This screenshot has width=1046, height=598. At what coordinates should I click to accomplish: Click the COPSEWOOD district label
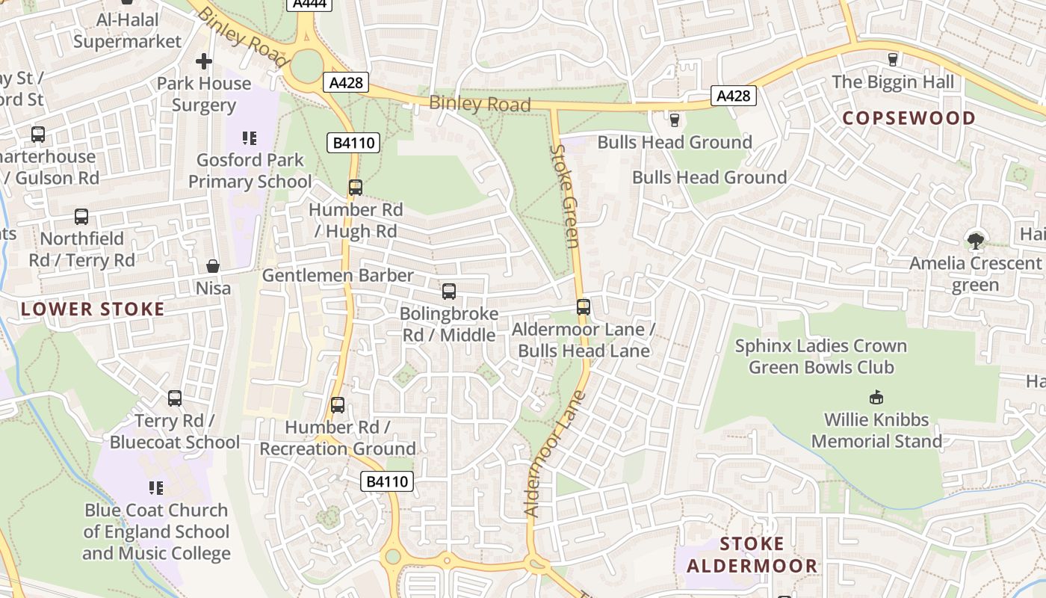(909, 118)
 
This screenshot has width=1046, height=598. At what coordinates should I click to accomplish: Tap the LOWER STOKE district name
(93, 309)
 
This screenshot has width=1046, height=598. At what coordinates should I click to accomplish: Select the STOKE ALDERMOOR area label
(752, 555)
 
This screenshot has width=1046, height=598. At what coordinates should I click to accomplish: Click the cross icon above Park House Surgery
(204, 61)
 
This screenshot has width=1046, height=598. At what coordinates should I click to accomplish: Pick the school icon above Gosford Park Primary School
(250, 138)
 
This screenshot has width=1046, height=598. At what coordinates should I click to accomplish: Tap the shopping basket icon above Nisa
(213, 266)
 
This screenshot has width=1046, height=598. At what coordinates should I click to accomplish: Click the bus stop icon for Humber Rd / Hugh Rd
(356, 188)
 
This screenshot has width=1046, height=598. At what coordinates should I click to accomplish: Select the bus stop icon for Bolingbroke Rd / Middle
(449, 292)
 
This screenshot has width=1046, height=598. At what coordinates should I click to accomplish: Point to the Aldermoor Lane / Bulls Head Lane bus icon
(584, 307)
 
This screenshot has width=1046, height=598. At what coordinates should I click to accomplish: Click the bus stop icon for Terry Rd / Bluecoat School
(175, 398)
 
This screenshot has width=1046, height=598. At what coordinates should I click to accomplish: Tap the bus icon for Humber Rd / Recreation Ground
(338, 405)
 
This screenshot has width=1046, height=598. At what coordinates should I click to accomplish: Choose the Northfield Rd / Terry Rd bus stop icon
(81, 217)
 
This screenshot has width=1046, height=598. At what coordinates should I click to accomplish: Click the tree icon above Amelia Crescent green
(975, 241)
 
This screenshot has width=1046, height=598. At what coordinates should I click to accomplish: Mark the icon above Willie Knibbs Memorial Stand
(876, 397)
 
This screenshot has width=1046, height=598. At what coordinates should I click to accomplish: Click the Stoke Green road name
(565, 196)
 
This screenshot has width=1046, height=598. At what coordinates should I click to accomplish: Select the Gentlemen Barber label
(338, 275)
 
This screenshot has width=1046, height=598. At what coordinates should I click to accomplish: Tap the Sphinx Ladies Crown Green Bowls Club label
(821, 357)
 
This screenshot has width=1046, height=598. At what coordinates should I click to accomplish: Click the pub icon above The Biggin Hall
(892, 59)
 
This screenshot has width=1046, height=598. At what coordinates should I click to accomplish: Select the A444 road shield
(309, 4)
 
